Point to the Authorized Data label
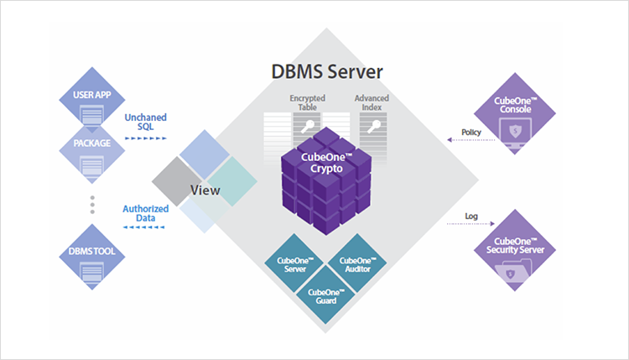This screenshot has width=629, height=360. coord(146,213)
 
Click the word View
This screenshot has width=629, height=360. coord(205,190)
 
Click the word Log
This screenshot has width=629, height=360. coord(472,216)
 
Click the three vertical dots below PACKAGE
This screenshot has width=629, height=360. coord(92,205)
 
